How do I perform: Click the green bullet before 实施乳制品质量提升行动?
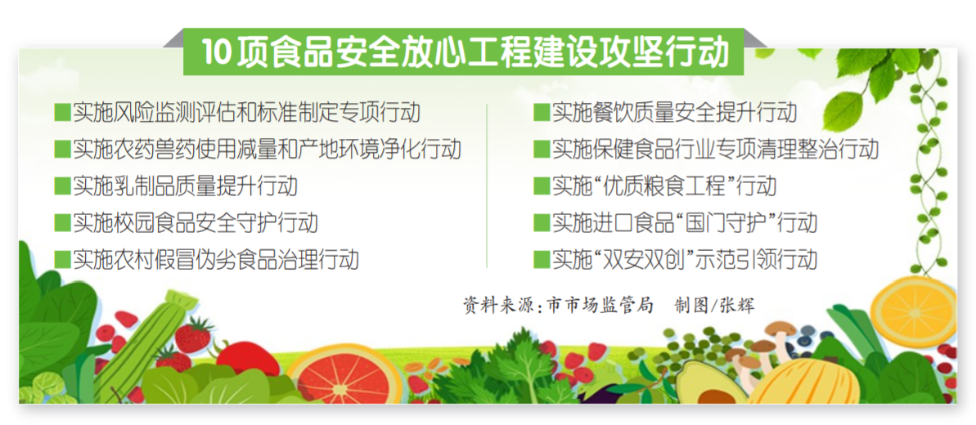click(62, 186)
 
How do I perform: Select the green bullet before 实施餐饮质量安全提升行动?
click(541, 113)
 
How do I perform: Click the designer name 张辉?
click(737, 306)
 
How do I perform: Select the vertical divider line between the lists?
click(487, 186)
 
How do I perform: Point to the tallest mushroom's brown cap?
click(780, 328)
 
